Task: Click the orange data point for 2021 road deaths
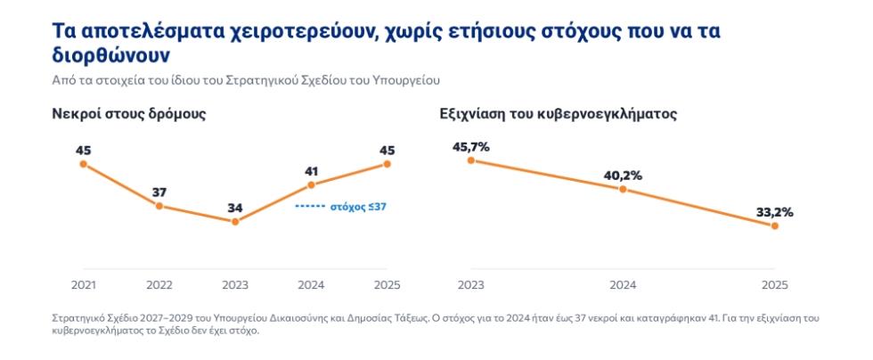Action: (84, 164)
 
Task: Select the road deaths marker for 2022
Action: (159, 206)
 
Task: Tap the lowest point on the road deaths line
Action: (235, 221)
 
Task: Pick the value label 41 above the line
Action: (311, 172)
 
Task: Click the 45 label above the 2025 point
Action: (387, 151)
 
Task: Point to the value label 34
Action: (235, 209)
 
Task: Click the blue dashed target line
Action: (309, 206)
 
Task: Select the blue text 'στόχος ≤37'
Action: (358, 206)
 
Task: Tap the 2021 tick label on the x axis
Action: (84, 285)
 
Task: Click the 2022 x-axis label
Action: (159, 285)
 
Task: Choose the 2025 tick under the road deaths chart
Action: (387, 285)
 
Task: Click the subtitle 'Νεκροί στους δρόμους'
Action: (129, 114)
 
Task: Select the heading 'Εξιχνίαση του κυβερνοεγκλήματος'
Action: (558, 114)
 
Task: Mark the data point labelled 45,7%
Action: (471, 160)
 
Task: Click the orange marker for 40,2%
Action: (623, 190)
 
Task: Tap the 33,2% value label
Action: (774, 212)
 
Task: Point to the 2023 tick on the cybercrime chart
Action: (471, 285)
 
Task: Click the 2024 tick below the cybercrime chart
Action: (623, 285)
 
